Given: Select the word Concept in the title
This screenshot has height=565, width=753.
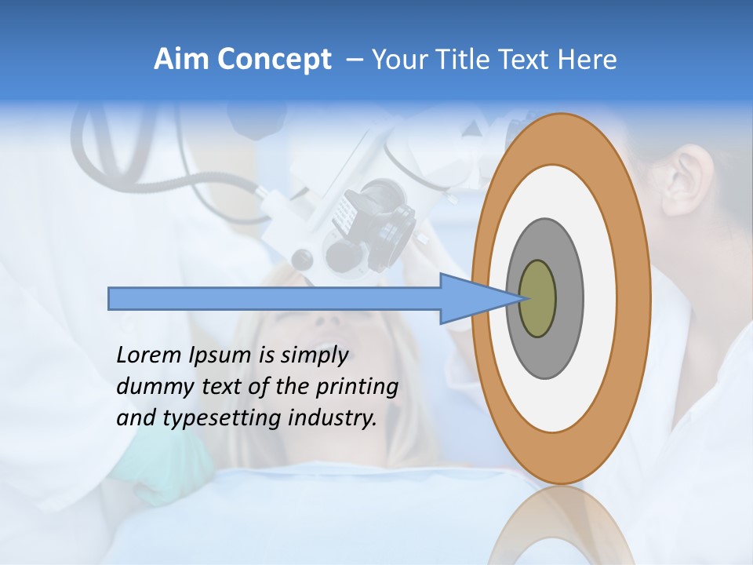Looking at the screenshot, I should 275,60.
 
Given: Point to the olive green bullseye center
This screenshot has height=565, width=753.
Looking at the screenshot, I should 537,299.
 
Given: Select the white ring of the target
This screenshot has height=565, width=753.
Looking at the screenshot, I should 600,298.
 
